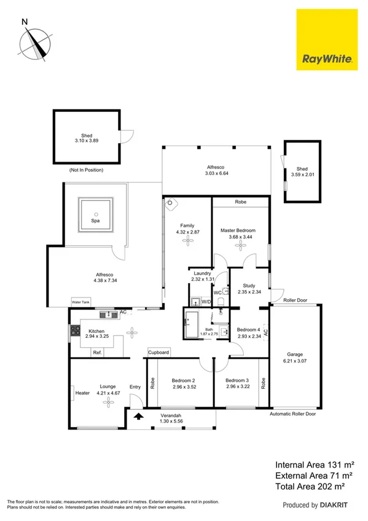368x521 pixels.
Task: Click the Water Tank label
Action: (80, 302)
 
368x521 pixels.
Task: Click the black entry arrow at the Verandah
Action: (139, 416)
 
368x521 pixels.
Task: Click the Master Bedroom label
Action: (238, 230)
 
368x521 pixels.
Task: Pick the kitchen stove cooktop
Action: (75, 331)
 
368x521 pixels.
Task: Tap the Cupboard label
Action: (159, 353)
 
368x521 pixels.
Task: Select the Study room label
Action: (248, 285)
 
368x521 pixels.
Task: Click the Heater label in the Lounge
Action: (83, 393)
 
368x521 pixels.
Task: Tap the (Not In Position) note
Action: (86, 170)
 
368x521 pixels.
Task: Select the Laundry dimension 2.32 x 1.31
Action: (202, 280)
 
